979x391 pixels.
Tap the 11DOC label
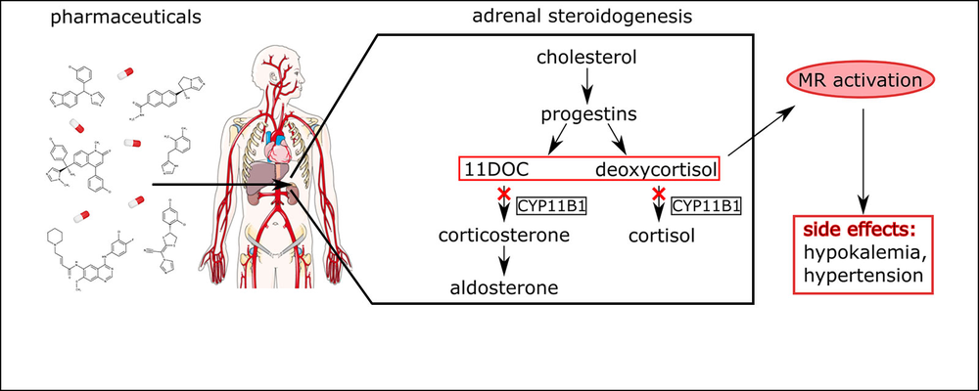click(x=496, y=168)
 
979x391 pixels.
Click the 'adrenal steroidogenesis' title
click(x=585, y=18)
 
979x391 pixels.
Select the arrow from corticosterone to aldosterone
click(x=503, y=261)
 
